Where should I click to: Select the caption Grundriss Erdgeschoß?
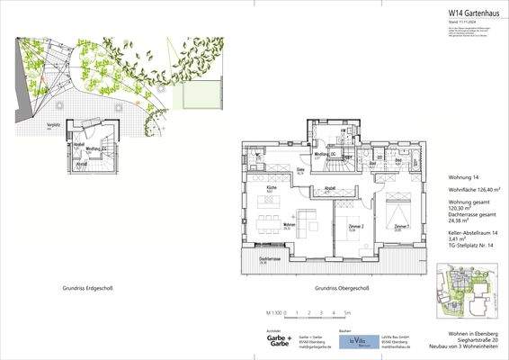[94, 288]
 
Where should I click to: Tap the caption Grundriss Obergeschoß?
[341, 288]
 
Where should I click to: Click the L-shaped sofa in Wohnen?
[307, 218]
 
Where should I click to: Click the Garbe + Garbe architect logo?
[254, 341]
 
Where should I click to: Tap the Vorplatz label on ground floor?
[52, 126]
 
